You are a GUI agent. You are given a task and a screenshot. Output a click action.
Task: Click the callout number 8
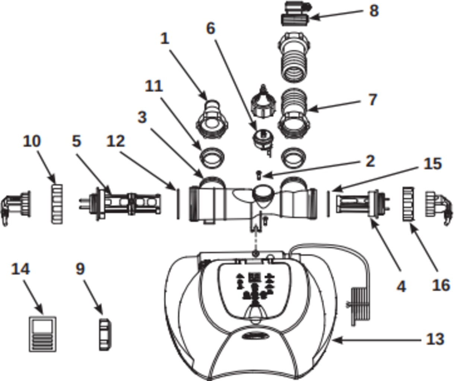click(x=374, y=10)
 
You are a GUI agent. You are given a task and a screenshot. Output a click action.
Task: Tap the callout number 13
click(x=435, y=339)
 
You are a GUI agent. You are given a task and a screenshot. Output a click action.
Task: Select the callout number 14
click(x=20, y=269)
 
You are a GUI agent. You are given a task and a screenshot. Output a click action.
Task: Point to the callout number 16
click(x=441, y=285)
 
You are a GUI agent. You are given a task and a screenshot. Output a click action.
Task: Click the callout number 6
click(x=210, y=28)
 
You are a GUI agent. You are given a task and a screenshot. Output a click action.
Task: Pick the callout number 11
click(x=154, y=86)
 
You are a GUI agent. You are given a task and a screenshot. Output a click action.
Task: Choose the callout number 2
click(x=370, y=161)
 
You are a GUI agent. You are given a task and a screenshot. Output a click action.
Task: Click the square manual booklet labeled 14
click(x=43, y=334)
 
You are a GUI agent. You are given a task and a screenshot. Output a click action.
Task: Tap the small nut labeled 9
click(x=105, y=334)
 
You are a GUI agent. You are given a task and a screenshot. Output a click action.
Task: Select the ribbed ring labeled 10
click(x=57, y=204)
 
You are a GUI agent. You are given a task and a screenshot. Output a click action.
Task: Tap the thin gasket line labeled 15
click(x=328, y=204)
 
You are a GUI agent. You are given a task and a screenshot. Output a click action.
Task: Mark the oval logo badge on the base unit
click(x=254, y=336)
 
